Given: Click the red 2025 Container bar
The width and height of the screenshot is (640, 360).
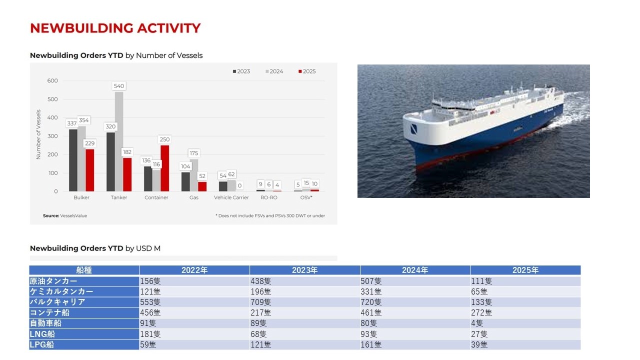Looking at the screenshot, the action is coord(165,168).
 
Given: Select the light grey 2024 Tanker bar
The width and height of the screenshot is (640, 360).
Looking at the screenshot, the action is coord(119,141).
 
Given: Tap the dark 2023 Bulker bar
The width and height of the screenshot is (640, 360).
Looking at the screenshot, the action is coord(73,160).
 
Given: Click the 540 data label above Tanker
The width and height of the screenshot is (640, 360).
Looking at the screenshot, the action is coord(119,86).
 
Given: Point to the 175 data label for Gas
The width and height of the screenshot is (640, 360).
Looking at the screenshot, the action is coord(193,153).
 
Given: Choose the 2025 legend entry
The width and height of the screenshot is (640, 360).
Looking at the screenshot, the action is coord(307,71).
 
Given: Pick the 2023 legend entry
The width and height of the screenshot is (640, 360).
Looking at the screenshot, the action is coord(241,71).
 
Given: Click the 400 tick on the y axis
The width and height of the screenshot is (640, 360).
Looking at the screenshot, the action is coord(52,117).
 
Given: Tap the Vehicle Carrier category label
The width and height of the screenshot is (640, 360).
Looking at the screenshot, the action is coord(231,197).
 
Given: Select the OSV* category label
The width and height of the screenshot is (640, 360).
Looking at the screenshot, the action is coord(306,197).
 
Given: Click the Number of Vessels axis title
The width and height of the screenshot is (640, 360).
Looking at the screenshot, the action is coord(38,134).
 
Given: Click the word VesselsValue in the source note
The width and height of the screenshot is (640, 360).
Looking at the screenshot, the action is coord(73,215).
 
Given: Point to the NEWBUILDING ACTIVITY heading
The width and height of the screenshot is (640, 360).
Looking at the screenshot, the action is coord(115,28).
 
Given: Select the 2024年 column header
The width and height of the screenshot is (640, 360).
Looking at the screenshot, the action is coord(415,270).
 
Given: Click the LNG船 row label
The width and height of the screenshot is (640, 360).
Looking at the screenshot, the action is coord(42,334).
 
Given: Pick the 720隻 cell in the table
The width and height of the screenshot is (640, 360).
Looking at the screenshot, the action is coord(371,302).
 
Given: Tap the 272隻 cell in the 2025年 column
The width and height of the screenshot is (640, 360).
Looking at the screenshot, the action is coord(481,312).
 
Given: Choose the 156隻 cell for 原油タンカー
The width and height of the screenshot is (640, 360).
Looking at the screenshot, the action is coord(150,281).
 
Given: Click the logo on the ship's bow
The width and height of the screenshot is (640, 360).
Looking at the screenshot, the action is coord(414,128).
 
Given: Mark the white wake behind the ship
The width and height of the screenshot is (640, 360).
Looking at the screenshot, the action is coord(568,111).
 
